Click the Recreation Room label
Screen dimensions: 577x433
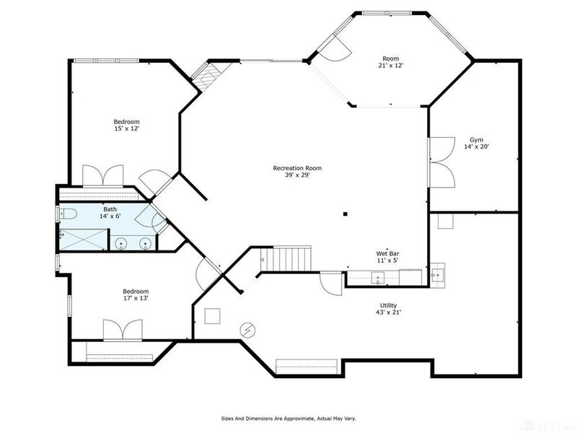coord(297,172)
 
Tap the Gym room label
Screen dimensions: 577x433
coord(476,143)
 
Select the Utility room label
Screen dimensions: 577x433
coord(388,309)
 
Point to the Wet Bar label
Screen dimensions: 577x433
coord(387,257)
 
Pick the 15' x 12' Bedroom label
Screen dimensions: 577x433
coord(127,125)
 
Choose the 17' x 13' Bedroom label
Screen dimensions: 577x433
coord(136,294)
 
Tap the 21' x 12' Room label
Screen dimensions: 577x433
coord(390,62)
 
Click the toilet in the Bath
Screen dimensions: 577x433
coord(67,213)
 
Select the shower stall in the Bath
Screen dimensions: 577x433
coord(83,240)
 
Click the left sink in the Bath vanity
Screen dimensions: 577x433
coord(120,244)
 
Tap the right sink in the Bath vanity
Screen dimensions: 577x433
coord(146,244)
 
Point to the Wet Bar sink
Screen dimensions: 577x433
coord(378,278)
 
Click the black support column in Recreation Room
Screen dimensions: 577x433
coord(345,214)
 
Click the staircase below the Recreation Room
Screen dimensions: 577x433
coord(286,258)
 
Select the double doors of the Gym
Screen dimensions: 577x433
coord(441,162)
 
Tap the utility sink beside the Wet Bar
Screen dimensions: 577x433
coord(438,275)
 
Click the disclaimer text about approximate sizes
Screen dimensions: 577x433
coord(288,419)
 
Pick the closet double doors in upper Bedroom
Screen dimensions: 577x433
coord(102,176)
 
